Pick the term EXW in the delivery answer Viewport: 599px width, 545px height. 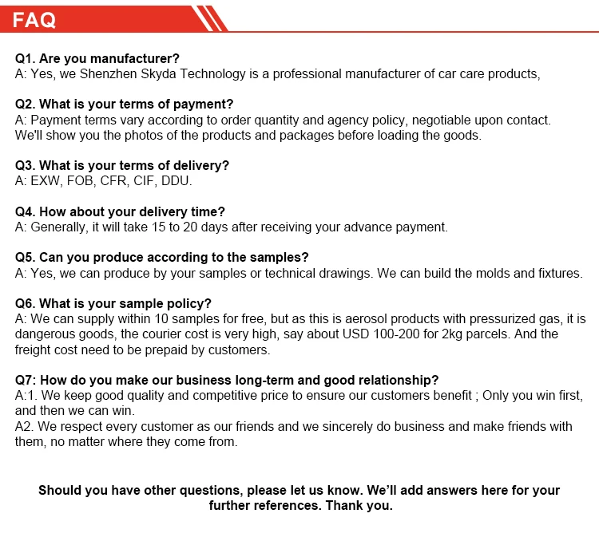(x=46, y=181)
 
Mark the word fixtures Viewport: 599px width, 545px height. (x=558, y=274)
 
